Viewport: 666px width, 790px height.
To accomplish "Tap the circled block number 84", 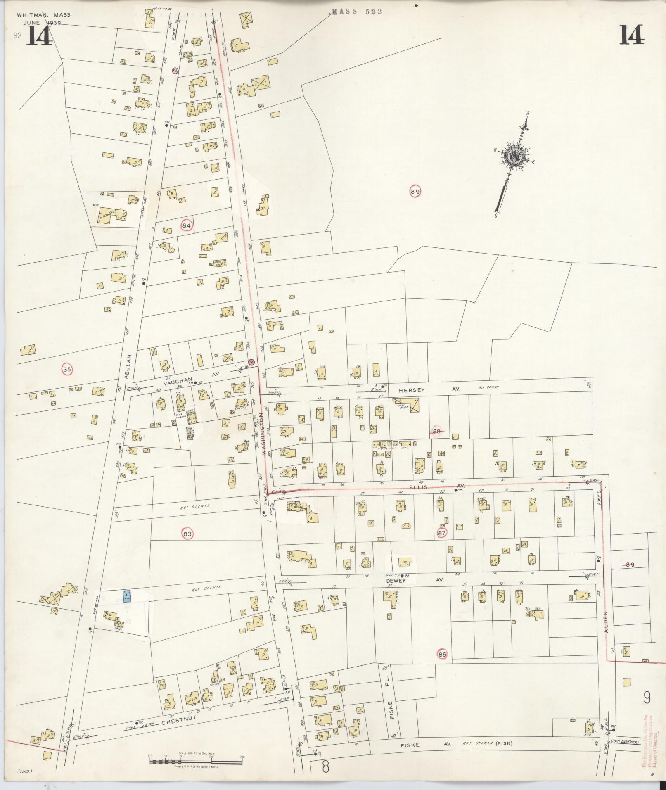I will point(187,225).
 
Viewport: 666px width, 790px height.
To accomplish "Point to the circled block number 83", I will point(187,534).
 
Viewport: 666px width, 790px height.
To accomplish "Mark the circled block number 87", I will point(442,533).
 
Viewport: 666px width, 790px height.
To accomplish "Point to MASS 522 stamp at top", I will point(357,12).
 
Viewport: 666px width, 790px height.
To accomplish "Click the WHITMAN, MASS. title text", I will point(44,15).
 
